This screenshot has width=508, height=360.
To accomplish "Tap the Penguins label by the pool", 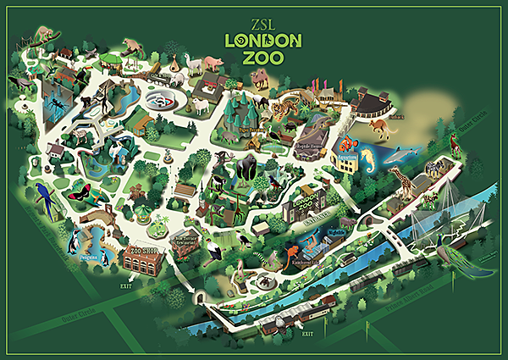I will pos(90,254).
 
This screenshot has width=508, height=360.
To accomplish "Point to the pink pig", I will pos(211,64).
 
